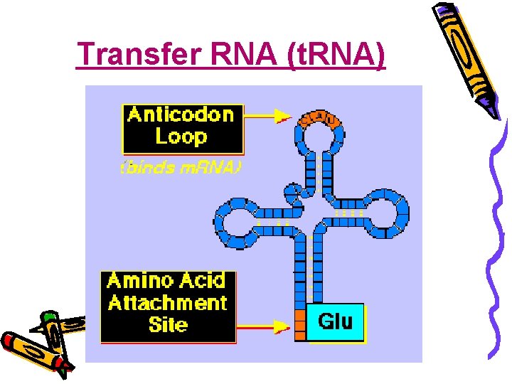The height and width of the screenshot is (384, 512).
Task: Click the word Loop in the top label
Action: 181,137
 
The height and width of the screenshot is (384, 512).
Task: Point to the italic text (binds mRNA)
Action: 181,168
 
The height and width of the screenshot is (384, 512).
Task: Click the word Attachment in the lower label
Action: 168,303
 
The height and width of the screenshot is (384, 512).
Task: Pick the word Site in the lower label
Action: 168,325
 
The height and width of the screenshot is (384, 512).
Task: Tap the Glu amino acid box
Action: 335,322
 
